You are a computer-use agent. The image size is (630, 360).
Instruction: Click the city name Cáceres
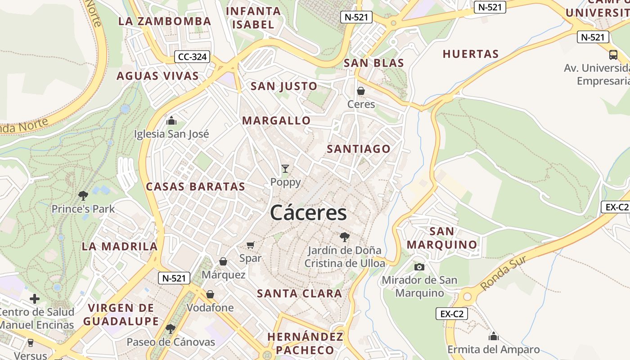coord(309,213)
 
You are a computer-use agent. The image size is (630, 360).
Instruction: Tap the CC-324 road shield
coord(192,57)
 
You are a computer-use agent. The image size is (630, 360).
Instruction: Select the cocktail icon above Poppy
coord(285,169)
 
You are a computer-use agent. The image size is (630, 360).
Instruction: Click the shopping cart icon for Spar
coord(251,245)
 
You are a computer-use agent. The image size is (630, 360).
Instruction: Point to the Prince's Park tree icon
coord(83,196)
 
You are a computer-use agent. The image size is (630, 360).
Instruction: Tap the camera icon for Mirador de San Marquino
coord(419,267)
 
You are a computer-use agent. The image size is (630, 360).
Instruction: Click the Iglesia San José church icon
coord(171,121)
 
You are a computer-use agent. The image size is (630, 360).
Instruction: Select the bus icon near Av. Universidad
coord(613,55)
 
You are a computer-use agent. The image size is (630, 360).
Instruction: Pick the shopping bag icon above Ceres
coord(361,91)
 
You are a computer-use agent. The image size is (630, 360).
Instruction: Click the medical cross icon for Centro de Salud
coord(35,299)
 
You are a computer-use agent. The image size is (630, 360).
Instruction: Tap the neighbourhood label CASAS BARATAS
coord(196,187)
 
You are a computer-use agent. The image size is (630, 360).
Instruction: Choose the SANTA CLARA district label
coord(300,294)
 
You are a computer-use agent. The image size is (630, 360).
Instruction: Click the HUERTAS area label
coord(471,54)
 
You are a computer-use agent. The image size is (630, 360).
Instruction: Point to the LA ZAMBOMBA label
coord(165,21)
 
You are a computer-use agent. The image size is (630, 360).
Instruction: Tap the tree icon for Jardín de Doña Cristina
coord(345,237)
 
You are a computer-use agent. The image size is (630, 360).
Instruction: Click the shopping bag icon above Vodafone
coord(210,294)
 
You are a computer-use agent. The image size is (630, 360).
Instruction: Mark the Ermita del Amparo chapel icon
coord(494,336)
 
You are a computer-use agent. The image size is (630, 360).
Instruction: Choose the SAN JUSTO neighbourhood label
coord(284,86)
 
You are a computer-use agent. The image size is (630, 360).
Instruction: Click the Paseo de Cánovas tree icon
coord(171,329)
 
